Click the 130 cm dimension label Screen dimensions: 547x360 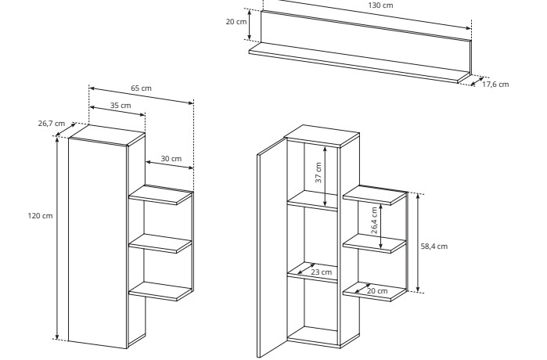380,5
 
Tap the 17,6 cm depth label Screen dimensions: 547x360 495,85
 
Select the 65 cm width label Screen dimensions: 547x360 142,88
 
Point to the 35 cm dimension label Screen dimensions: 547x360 121,106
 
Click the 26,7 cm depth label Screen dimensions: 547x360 52,124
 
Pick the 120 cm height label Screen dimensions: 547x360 41,216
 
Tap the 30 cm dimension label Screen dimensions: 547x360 171,159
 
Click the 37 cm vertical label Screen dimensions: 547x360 318,173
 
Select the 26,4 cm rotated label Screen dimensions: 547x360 374,221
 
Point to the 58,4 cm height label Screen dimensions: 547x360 434,247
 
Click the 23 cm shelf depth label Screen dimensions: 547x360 322,272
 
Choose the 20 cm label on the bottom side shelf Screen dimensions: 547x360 377,291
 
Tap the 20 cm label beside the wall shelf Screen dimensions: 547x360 236,22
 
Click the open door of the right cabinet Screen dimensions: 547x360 272,247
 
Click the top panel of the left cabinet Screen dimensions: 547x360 106,135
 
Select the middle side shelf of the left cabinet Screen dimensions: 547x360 160,243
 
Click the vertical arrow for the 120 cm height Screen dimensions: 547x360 57,238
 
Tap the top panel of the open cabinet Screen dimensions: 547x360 322,135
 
